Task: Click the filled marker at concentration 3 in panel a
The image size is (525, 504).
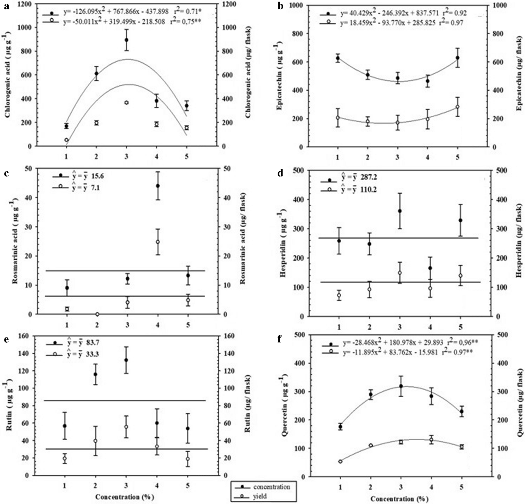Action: click(x=126, y=40)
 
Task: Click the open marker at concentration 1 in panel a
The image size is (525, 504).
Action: click(x=66, y=140)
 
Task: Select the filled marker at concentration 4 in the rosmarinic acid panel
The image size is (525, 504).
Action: click(x=158, y=186)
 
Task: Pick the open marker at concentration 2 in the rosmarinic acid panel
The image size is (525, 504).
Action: click(x=97, y=314)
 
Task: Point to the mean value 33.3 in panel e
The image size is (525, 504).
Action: click(x=92, y=354)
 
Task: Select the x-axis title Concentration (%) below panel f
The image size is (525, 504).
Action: click(x=399, y=499)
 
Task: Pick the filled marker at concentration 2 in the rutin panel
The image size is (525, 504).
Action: click(x=95, y=374)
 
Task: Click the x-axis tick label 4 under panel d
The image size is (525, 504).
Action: click(x=430, y=327)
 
